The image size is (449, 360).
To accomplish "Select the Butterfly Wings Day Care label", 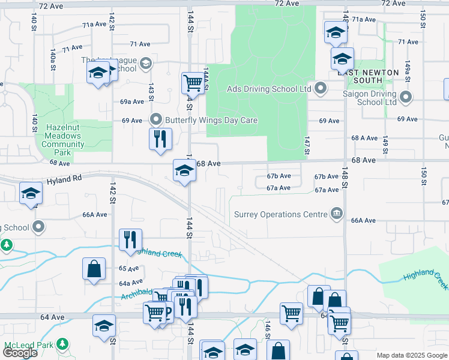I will (x=212, y=120).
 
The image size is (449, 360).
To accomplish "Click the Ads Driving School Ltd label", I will (x=268, y=89).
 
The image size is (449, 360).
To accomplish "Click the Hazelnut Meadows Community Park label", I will (x=63, y=140).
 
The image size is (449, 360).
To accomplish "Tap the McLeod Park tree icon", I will (x=62, y=344).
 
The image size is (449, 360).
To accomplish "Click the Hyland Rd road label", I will (x=65, y=179).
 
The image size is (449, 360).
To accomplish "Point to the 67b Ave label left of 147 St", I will (x=279, y=176).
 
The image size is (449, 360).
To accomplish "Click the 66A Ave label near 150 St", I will (x=363, y=221).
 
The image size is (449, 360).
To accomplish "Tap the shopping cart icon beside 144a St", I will (x=193, y=82).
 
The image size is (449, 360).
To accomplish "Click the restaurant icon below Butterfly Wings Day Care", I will (x=160, y=139).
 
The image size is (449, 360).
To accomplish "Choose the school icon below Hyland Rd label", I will (x=31, y=193).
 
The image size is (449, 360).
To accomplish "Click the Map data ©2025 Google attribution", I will (x=412, y=355).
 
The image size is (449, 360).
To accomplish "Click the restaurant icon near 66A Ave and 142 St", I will (x=130, y=240).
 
